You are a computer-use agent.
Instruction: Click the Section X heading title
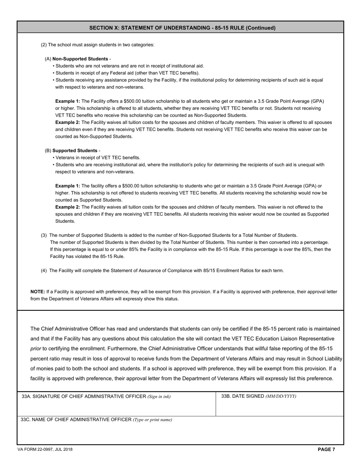pos(182,28)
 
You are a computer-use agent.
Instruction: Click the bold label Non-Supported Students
pos(80,59)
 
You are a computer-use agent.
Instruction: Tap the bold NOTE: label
pos(38,292)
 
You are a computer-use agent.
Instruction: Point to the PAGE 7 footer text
pos(326,449)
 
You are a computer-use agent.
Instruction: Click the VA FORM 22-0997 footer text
pos(45,449)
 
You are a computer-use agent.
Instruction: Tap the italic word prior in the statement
pos(35,349)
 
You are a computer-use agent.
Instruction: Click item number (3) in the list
pos(44,235)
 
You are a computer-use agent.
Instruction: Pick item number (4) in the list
pos(44,271)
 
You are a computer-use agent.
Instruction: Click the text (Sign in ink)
pos(159,397)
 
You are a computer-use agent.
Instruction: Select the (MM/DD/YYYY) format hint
pos(281,396)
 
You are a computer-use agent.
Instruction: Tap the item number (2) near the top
pos(44,45)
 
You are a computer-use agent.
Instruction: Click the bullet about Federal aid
pos(127,73)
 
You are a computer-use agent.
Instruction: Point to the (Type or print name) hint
pos(152,420)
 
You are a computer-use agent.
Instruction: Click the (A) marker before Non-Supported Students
pos(48,59)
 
